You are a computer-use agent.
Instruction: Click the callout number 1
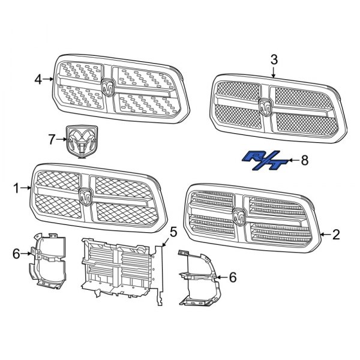(16, 188)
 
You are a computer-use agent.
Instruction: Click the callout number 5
(173, 232)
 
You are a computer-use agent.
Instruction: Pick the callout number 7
(52, 140)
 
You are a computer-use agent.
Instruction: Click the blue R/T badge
(262, 161)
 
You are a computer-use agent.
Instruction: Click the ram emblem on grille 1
(86, 195)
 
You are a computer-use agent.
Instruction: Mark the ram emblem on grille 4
(109, 87)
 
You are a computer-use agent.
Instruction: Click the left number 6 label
(16, 254)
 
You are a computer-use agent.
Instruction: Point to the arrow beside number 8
(292, 160)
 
